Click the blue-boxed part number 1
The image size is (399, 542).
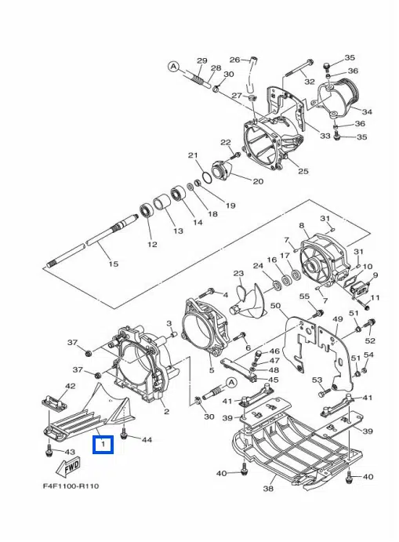click(103, 444)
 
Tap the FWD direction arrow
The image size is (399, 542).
click(68, 467)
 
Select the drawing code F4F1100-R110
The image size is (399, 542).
click(71, 486)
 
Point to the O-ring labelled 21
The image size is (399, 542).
click(206, 178)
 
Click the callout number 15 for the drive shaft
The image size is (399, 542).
click(114, 264)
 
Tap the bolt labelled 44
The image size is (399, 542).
click(124, 435)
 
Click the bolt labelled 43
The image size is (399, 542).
click(49, 451)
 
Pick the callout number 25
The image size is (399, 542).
click(303, 171)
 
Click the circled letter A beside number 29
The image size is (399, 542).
click(173, 66)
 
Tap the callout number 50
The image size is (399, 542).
click(275, 306)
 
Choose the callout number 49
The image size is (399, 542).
click(337, 318)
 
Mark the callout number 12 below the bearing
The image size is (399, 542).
click(152, 245)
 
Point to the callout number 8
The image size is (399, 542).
click(302, 226)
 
